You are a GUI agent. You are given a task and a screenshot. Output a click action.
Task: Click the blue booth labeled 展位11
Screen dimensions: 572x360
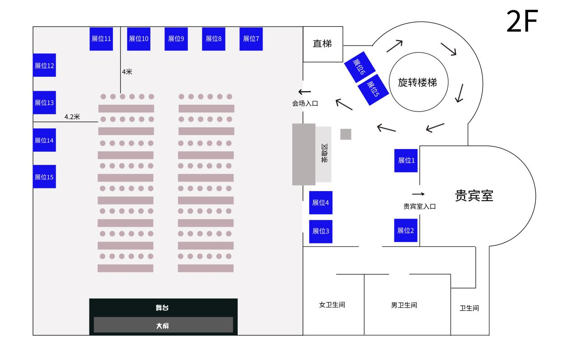(x=101, y=39)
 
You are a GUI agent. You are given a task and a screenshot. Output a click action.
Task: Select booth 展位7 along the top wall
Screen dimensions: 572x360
(x=251, y=39)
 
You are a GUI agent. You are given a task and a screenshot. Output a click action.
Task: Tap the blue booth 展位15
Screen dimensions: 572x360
(x=44, y=177)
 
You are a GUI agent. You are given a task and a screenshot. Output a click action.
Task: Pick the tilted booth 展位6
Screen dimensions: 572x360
(x=360, y=67)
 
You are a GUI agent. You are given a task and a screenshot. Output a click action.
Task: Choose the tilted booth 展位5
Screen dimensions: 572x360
(x=373, y=89)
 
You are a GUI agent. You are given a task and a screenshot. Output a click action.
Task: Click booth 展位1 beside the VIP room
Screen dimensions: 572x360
(x=406, y=161)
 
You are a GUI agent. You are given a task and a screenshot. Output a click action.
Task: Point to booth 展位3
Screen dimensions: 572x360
(x=321, y=231)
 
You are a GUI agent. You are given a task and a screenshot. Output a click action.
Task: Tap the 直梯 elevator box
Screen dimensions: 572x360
(x=323, y=44)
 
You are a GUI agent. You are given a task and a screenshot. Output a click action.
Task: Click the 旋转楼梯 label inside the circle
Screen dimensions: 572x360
(x=417, y=83)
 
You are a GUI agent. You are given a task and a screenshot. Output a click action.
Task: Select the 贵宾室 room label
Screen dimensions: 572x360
(x=474, y=196)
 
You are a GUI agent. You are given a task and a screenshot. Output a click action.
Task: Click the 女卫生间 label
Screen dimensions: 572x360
(x=332, y=304)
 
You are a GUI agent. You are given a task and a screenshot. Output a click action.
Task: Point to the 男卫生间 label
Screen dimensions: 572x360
(x=404, y=305)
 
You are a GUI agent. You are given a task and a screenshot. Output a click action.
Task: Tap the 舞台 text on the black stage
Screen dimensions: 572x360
(x=162, y=308)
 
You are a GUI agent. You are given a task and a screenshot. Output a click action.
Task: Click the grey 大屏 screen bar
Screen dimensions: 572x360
(x=164, y=325)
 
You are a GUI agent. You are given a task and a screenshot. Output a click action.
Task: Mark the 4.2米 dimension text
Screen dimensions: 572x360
(x=72, y=117)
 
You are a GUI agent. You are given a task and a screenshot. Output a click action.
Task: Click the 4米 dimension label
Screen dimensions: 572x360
(x=127, y=72)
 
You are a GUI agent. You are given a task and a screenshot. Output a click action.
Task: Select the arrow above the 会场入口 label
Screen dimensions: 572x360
(x=305, y=92)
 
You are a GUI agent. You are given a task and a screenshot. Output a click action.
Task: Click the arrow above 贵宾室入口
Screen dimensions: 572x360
(x=418, y=194)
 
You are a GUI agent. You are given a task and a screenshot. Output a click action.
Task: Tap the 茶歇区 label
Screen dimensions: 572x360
(x=324, y=153)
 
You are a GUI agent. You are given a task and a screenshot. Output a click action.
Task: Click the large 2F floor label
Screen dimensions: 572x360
(x=522, y=21)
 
